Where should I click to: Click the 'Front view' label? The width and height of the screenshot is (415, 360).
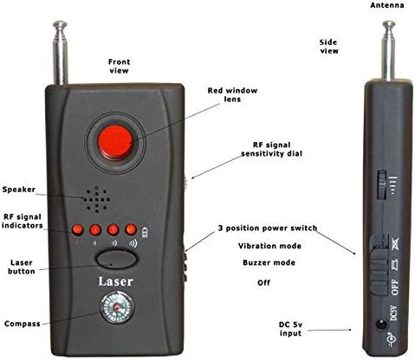(x=119, y=67)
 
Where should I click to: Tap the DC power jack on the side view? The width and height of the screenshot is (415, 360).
(x=379, y=327)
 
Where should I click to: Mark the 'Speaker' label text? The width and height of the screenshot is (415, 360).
(x=19, y=190)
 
